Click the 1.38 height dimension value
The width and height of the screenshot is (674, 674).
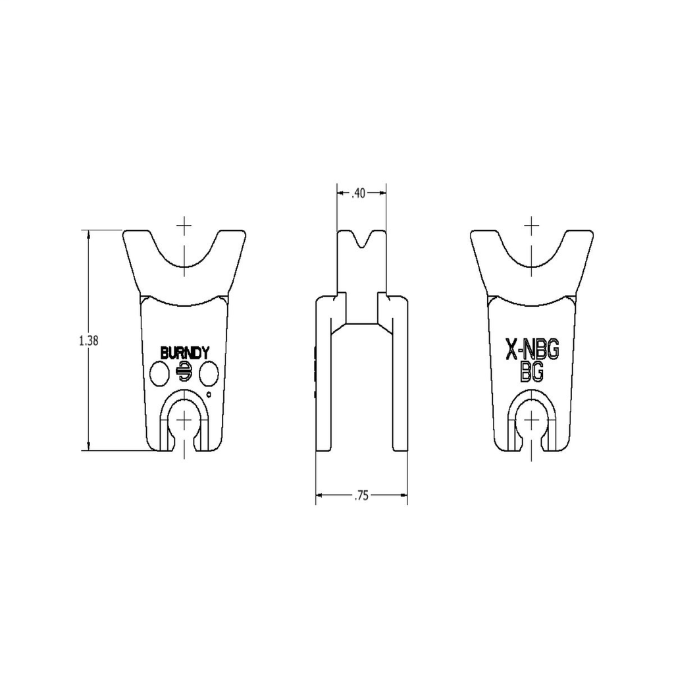tap(88, 340)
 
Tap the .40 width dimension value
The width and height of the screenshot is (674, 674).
tap(359, 193)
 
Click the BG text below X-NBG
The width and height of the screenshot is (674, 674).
tap(531, 372)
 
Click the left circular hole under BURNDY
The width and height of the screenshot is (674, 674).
tap(160, 375)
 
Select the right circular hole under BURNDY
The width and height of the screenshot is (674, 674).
tap(209, 375)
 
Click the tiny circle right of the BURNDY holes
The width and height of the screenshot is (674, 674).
tap(209, 395)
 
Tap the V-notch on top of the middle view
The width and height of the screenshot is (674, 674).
tap(361, 240)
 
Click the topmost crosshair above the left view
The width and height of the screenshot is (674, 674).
tap(184, 226)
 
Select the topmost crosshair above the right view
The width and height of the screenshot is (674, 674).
tap(532, 226)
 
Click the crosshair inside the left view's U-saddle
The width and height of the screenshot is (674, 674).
tap(184, 256)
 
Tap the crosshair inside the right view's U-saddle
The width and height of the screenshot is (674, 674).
tap(532, 256)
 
